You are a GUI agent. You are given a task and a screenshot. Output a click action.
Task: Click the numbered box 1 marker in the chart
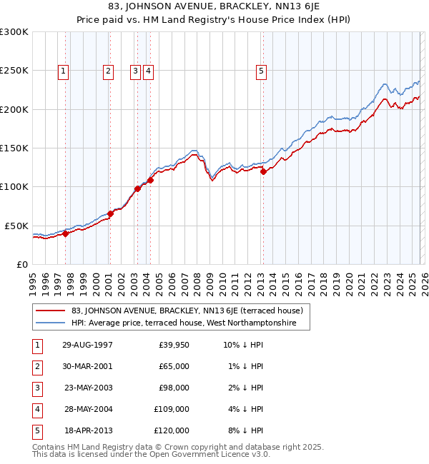click(x=64, y=71)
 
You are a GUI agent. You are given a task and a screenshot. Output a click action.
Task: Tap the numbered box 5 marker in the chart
click(x=261, y=71)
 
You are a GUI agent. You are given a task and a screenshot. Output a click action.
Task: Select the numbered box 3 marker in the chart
click(x=135, y=71)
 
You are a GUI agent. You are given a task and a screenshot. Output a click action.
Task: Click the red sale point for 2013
click(x=263, y=171)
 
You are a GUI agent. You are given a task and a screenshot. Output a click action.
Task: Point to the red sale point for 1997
click(x=65, y=233)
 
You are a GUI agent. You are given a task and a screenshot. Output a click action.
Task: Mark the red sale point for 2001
click(x=111, y=213)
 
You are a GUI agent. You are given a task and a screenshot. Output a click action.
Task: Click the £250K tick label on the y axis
click(x=14, y=71)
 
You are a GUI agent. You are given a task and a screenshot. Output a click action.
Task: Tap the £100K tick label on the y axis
click(x=14, y=186)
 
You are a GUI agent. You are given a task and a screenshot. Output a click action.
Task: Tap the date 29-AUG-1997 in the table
click(x=87, y=345)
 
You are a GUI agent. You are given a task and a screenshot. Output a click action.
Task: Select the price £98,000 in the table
click(x=174, y=388)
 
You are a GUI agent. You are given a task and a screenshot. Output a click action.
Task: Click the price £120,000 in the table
click(x=172, y=430)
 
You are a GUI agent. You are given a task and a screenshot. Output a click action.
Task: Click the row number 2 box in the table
click(x=36, y=366)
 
